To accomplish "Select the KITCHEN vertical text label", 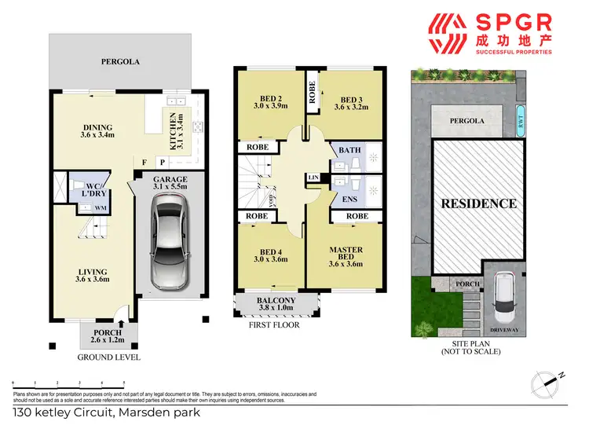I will tap(174, 130).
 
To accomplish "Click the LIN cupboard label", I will tap(313, 178).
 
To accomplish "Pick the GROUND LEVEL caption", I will tap(108, 357).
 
